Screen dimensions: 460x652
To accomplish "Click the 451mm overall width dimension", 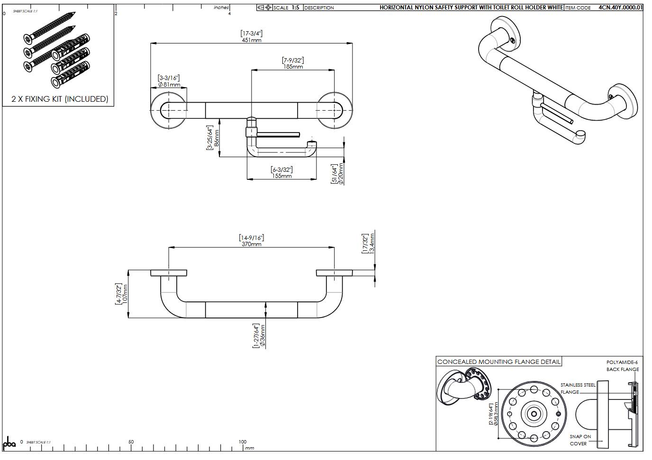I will (x=251, y=40).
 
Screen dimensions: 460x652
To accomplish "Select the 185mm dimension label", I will (x=293, y=67).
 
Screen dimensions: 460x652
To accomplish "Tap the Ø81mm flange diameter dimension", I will (x=169, y=85).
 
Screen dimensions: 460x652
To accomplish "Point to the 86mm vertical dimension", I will (x=217, y=138).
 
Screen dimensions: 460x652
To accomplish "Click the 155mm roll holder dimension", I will (x=281, y=176).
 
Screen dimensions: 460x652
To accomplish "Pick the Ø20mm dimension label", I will (x=341, y=174).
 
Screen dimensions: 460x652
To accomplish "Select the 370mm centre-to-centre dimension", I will (x=251, y=244).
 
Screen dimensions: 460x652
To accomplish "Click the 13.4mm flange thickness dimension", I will (x=372, y=243).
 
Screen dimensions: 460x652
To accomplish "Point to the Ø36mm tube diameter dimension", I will (x=263, y=336).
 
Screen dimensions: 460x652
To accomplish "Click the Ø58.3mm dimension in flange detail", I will (x=496, y=414).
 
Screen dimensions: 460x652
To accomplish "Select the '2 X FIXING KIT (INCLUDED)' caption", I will (x=60, y=99).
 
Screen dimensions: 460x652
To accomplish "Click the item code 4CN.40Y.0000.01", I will (x=620, y=8).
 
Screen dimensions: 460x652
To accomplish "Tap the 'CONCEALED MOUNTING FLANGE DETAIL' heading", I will (x=498, y=362).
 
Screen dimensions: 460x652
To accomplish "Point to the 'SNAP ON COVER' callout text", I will (x=580, y=440).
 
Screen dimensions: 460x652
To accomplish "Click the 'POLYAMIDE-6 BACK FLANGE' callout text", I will (x=623, y=366).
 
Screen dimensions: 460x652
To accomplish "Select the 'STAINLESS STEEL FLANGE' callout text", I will (x=577, y=389).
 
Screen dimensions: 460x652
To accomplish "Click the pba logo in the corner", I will (x=9, y=444).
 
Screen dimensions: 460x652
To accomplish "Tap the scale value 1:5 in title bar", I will (x=295, y=8).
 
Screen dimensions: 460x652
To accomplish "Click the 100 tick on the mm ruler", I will (x=242, y=442).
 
